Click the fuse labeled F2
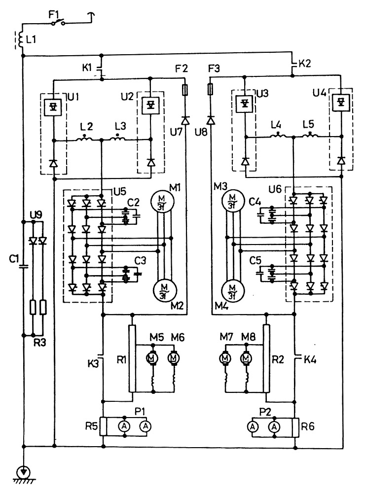[185, 91]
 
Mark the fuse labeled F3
[210, 91]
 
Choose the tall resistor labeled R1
[132, 358]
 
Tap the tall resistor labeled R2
[266, 358]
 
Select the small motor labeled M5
[153, 357]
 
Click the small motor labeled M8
[246, 357]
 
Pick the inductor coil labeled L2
[85, 140]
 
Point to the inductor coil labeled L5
[309, 136]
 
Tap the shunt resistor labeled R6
[296, 427]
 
